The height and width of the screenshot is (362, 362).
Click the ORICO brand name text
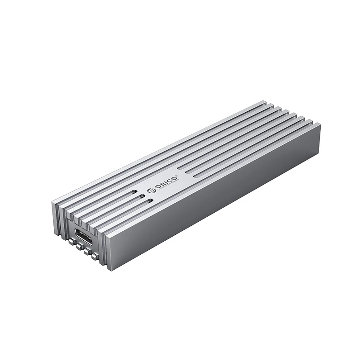point(166,180)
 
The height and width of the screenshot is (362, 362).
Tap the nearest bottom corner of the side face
point(110,270)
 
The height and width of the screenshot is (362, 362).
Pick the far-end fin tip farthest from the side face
point(267,103)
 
